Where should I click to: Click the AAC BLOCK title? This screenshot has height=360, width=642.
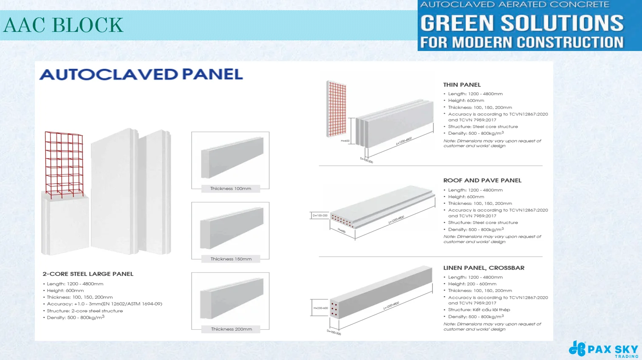tap(63, 25)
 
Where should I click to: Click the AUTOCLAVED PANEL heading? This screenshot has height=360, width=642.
tap(141, 74)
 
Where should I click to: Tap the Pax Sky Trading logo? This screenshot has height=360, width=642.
tap(603, 349)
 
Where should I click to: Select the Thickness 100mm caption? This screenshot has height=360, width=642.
tap(231, 188)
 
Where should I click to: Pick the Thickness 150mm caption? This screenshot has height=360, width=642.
tap(231, 259)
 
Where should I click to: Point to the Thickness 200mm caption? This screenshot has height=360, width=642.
tap(231, 329)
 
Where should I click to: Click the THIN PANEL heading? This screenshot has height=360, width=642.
tap(462, 85)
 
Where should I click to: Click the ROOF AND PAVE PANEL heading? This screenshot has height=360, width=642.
tap(482, 180)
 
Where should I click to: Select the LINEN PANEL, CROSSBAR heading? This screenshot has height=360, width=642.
tap(484, 268)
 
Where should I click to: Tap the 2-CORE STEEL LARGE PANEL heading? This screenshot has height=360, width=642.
tap(88, 274)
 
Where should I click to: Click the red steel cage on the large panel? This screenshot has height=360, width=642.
tap(64, 164)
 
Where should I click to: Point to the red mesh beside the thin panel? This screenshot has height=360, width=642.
tap(336, 108)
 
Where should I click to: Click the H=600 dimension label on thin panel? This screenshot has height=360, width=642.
tap(345, 141)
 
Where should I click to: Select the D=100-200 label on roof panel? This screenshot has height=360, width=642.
tap(320, 215)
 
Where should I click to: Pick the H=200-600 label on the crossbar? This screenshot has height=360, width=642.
tap(320, 308)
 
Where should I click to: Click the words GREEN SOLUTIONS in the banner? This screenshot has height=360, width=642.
tap(522, 23)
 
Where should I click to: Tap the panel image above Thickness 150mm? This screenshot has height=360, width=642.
tap(232, 228)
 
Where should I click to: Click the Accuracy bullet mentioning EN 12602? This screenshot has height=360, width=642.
tap(104, 304)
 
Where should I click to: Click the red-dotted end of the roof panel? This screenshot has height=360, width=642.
tap(342, 221)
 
